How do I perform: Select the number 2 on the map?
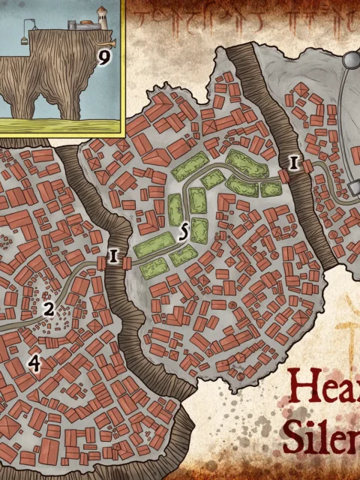[49, 308]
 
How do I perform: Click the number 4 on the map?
[34, 363]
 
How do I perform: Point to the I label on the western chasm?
[114, 256]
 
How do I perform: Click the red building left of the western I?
[102, 263]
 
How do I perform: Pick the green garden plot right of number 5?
[198, 229]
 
